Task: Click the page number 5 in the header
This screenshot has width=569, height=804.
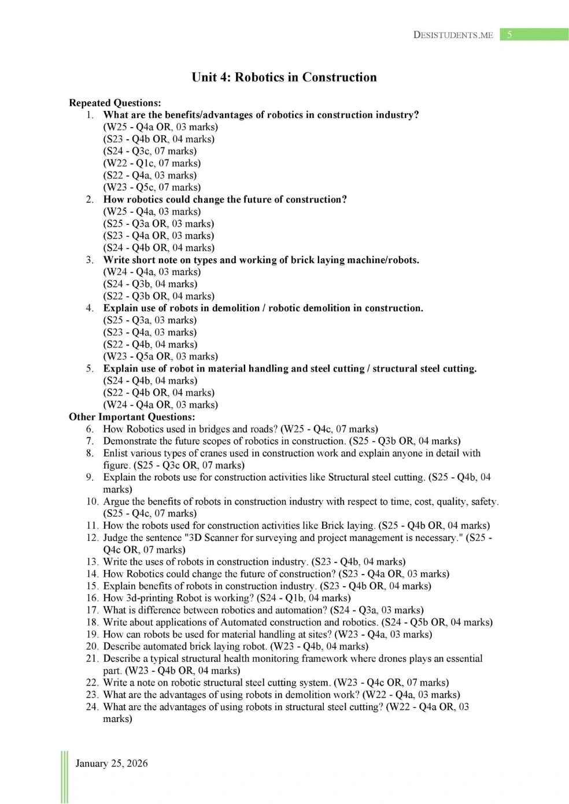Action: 509,35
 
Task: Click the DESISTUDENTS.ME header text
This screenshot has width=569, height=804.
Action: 453,35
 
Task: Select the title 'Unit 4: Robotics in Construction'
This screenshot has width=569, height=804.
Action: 284,77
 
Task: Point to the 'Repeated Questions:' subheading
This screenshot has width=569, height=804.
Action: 115,103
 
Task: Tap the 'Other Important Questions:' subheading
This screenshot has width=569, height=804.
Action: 132,417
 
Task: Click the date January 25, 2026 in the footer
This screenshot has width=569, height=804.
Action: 112,763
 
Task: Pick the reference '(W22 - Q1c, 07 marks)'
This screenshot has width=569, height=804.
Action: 152,163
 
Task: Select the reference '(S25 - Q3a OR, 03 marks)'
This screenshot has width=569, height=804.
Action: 158,224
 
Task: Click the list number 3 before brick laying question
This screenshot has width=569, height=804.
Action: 90,260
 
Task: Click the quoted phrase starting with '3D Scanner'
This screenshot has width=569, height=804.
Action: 323,538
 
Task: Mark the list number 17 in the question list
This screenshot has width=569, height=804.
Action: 92,610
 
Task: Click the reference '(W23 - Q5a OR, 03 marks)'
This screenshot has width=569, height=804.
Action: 161,357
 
